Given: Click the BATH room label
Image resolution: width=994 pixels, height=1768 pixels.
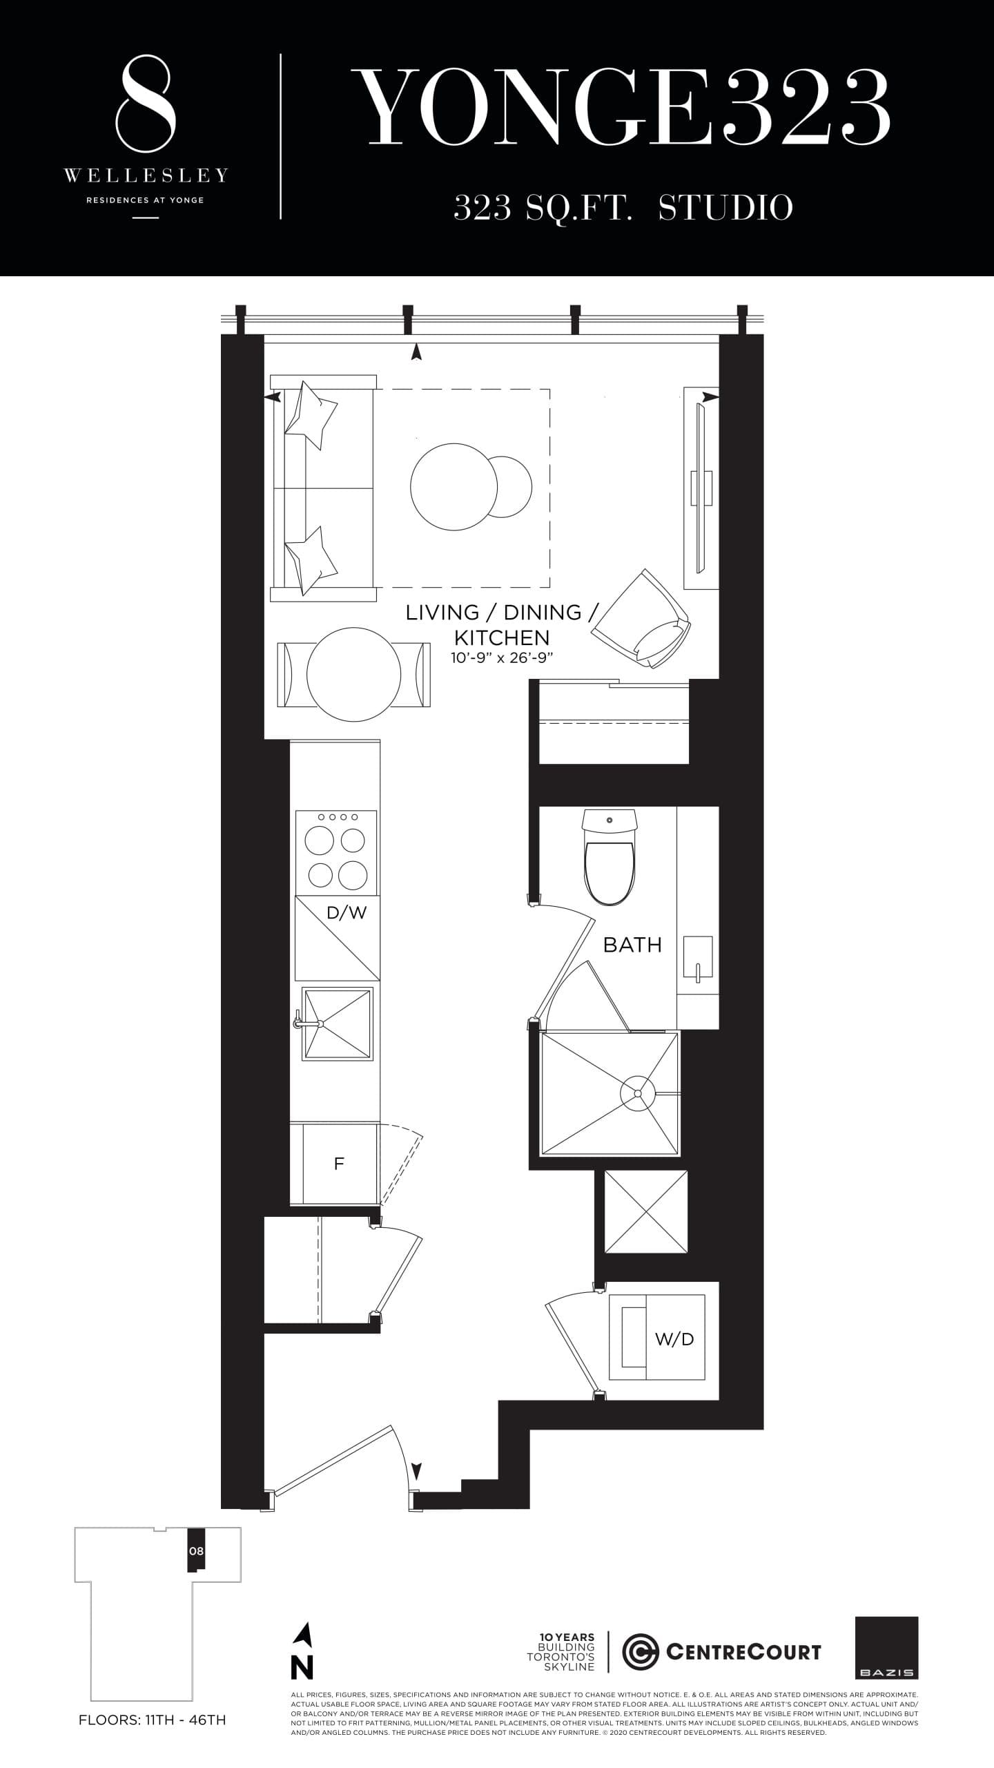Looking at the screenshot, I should tap(632, 944).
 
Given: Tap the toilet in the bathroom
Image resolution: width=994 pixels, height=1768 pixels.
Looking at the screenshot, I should tap(609, 863).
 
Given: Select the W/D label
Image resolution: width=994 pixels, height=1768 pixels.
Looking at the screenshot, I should tap(674, 1339).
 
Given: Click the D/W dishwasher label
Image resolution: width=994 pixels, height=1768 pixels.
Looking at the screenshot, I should tap(347, 913).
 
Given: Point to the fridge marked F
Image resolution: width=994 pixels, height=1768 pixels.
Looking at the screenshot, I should tap(338, 1164).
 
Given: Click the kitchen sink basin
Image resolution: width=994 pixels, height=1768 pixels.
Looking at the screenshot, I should tap(338, 1024).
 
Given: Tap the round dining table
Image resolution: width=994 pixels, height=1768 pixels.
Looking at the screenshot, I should tap(353, 674).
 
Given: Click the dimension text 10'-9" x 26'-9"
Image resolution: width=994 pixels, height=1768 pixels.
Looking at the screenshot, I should tap(503, 658).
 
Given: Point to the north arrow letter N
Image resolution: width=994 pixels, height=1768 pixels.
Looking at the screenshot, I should tap(302, 1668).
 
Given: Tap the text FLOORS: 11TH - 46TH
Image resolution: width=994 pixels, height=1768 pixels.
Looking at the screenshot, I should tap(153, 1720).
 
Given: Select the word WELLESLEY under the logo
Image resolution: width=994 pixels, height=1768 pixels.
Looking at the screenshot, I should tap(146, 176).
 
